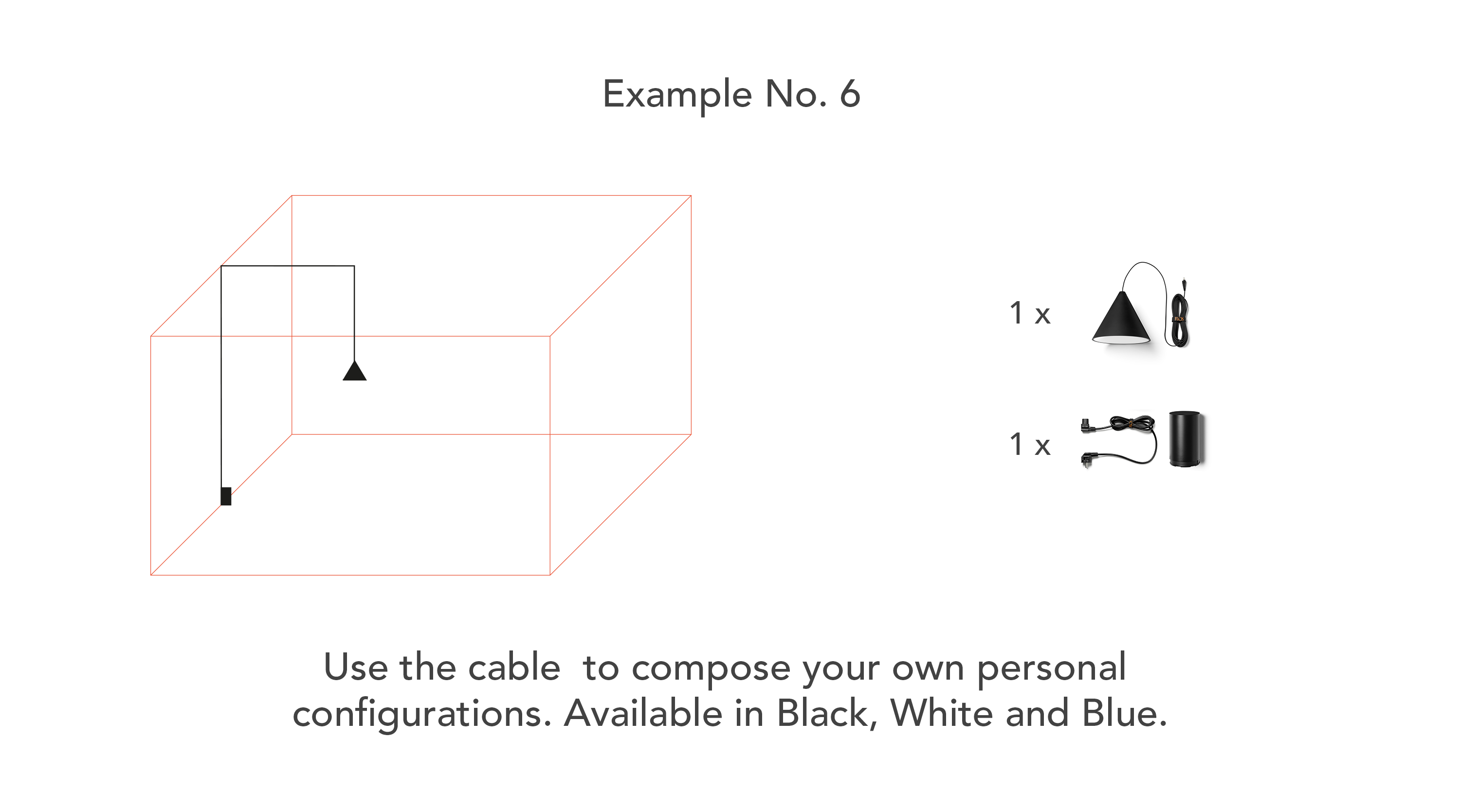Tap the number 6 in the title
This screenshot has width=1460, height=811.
point(850,93)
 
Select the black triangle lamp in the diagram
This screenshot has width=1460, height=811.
point(355,371)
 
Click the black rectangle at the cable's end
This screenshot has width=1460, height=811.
point(226,496)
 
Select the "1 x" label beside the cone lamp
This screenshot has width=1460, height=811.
point(1030,313)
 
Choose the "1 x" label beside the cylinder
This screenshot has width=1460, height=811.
point(1030,444)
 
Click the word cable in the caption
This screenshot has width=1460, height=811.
point(514,667)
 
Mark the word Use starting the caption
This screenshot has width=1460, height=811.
point(356,667)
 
